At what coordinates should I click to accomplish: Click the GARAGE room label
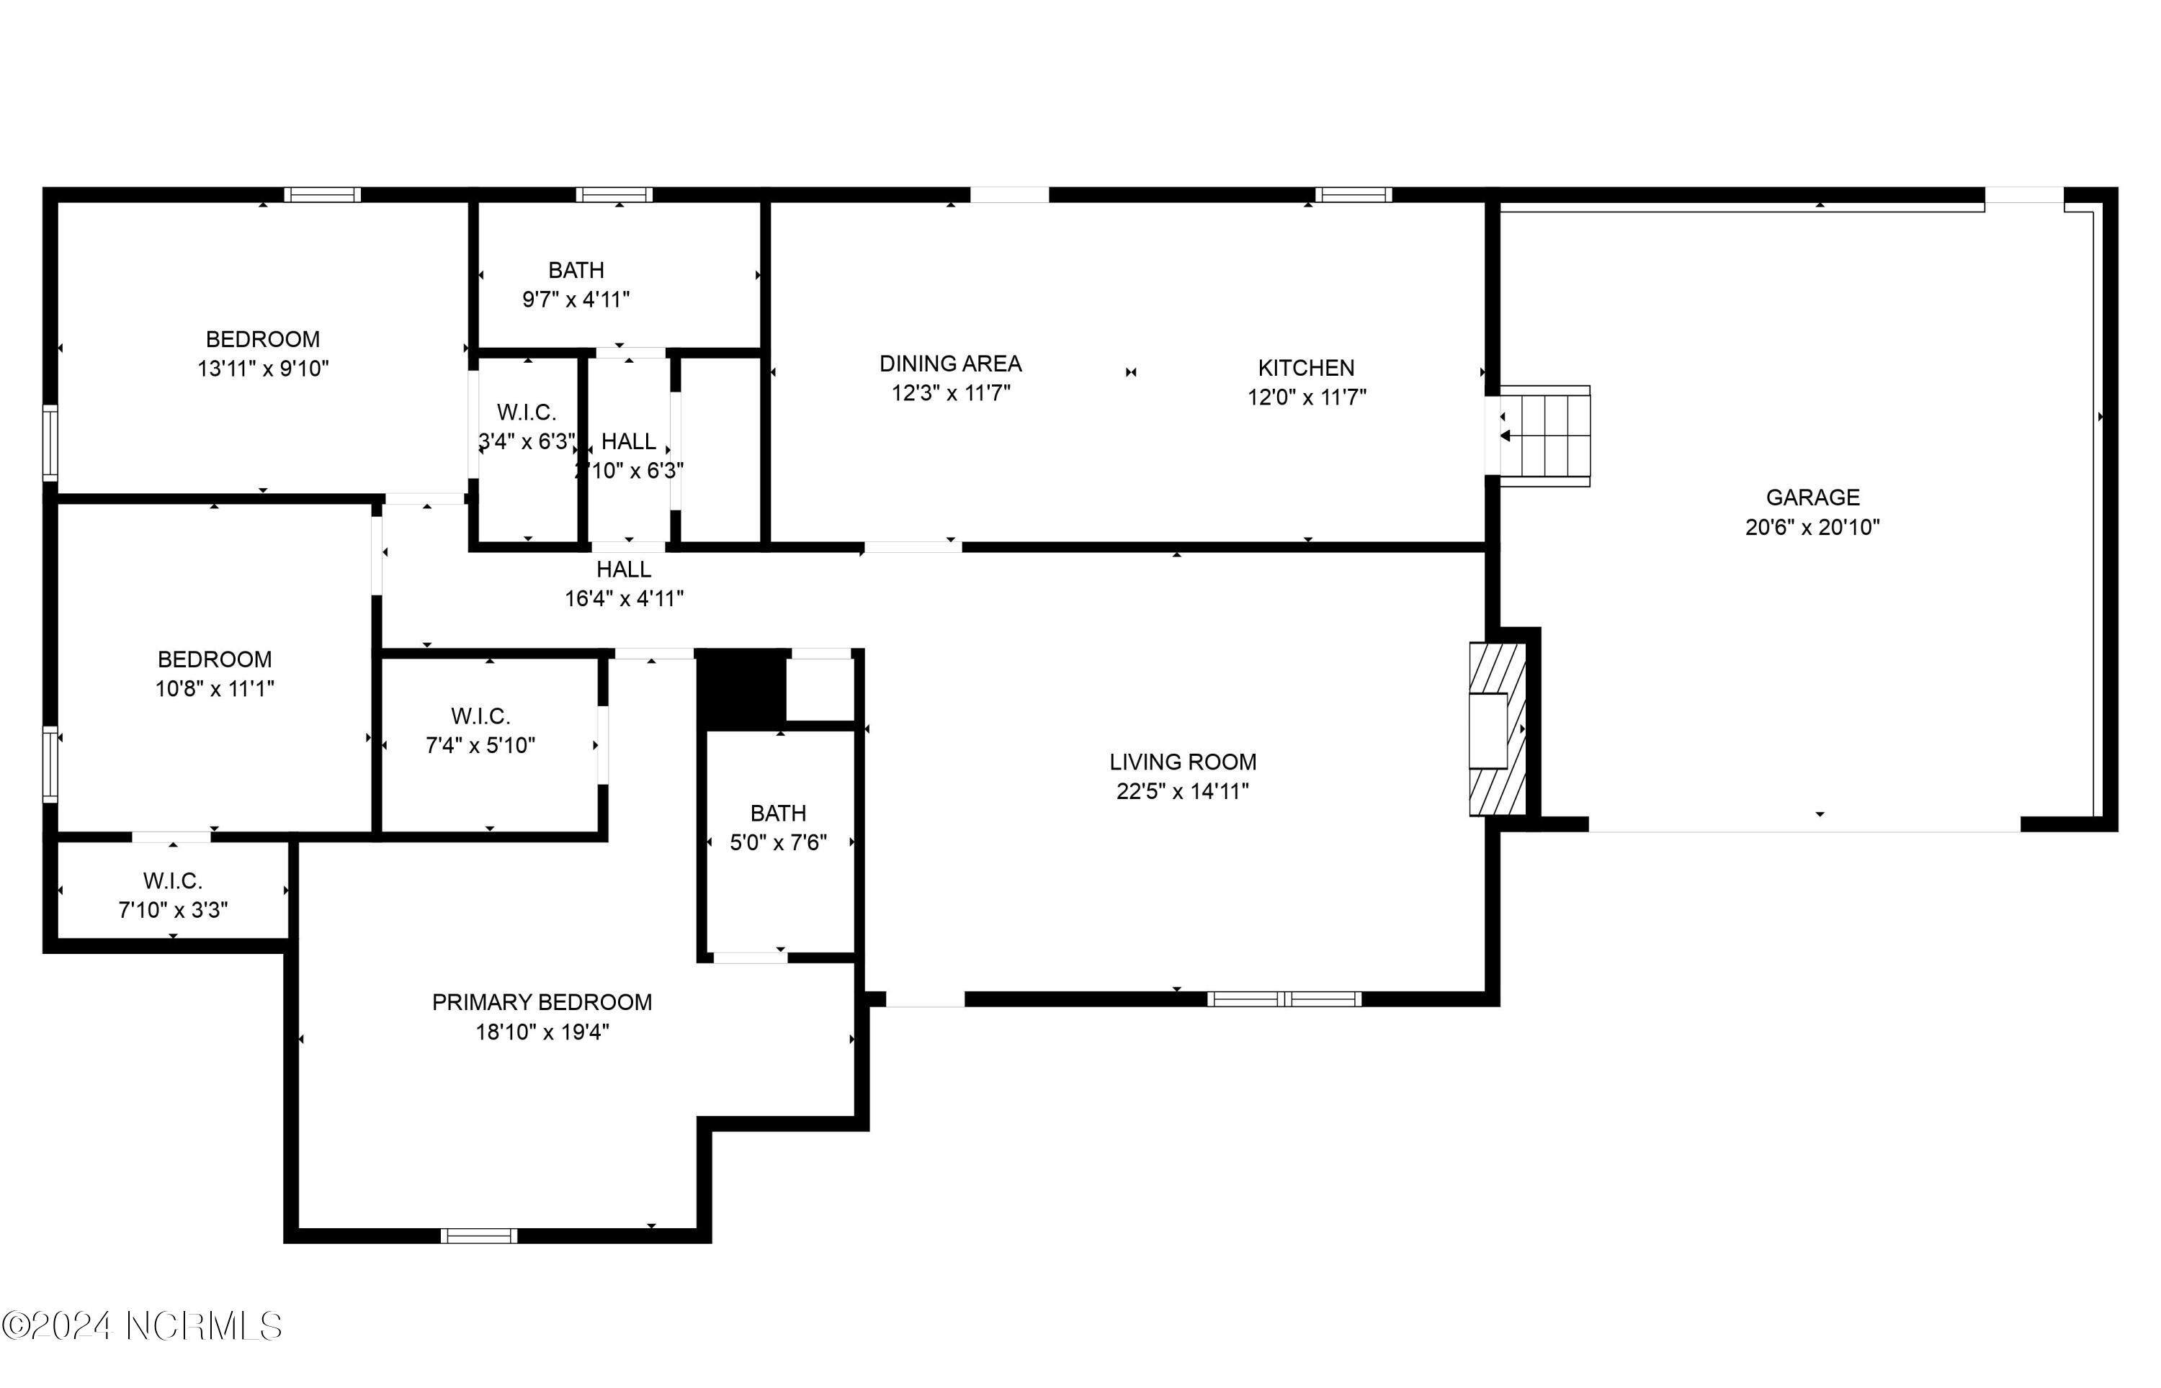pos(1812,497)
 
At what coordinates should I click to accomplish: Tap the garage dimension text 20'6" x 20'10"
pos(1812,527)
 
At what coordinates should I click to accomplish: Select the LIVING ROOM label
pos(1183,762)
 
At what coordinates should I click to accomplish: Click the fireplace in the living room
pos(1498,729)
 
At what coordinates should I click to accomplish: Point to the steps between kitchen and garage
pos(1544,436)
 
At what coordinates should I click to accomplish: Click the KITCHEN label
pos(1307,368)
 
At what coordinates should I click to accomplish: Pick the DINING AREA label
pos(950,364)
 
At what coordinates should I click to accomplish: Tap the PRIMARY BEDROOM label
pos(542,1002)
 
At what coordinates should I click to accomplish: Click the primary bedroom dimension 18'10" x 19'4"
pos(542,1032)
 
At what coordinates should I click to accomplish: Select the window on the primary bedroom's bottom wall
pos(479,1235)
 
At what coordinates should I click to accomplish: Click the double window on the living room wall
pos(1284,999)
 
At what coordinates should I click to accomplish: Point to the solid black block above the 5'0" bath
pos(741,688)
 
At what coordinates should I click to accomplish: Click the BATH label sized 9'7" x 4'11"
pos(576,271)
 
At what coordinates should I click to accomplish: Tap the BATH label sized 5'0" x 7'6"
pos(778,814)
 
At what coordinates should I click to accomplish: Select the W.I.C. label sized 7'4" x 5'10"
pos(480,716)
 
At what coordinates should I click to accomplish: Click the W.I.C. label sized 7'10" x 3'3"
pos(173,881)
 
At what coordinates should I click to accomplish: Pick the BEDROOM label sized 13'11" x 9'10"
pos(262,340)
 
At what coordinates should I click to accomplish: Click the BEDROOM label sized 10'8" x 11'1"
pos(215,659)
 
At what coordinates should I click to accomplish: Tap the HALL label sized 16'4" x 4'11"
pos(624,569)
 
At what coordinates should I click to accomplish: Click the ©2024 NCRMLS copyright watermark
pos(143,1326)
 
